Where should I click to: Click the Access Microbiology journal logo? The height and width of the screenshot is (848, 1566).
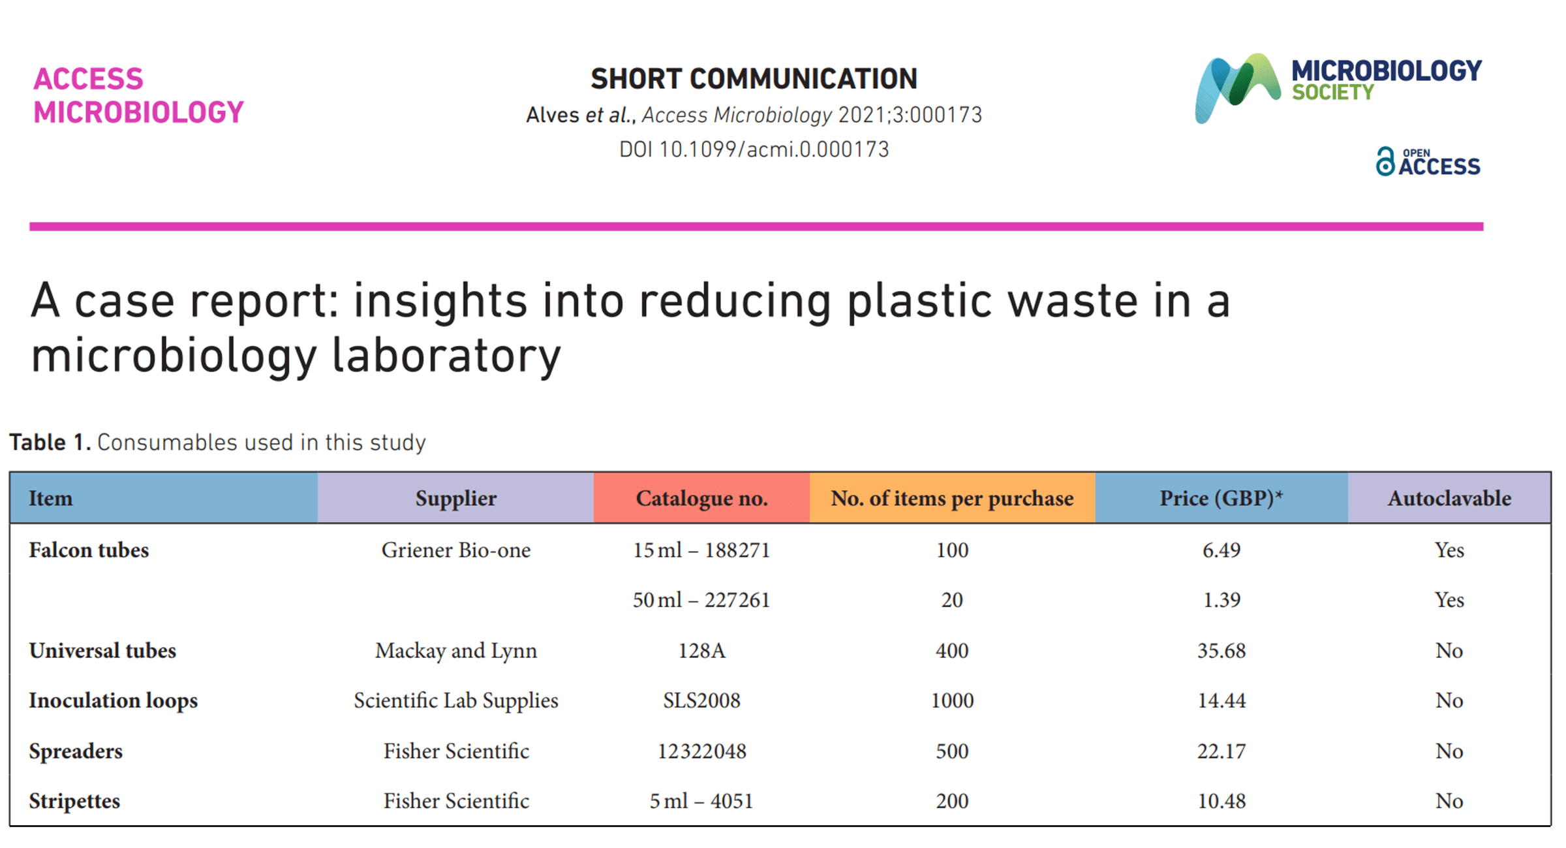(138, 95)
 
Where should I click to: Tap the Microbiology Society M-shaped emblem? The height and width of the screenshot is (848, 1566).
(1237, 88)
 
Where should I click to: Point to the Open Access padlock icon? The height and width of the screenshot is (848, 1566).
(1385, 162)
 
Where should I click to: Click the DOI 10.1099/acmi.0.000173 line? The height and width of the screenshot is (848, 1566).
(754, 149)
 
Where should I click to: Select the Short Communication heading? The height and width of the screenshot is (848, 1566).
(754, 79)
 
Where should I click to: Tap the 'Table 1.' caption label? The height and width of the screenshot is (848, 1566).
(50, 443)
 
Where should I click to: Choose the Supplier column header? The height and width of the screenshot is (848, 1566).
(455, 498)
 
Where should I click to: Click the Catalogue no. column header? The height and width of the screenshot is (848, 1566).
(701, 498)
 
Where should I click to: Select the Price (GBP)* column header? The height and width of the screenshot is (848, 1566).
(1221, 498)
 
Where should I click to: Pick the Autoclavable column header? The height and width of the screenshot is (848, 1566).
(1449, 498)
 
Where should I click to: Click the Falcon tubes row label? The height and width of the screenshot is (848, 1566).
(89, 550)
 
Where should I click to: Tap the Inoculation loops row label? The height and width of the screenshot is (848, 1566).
(113, 700)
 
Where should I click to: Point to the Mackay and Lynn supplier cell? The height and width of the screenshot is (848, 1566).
(455, 650)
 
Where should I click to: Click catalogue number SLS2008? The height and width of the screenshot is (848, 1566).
(701, 700)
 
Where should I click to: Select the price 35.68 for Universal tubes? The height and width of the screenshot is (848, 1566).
(1221, 650)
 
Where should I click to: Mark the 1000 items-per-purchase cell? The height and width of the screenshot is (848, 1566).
(952, 700)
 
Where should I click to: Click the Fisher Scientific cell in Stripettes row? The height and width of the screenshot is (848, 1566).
(455, 800)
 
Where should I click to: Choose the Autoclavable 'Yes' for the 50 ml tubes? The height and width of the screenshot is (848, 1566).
(1449, 599)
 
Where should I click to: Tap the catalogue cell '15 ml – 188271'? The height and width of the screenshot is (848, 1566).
(701, 550)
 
